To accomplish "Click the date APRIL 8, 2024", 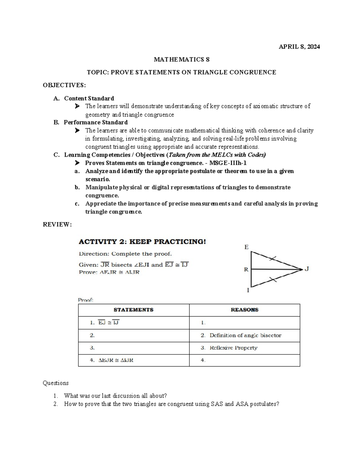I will [299, 47].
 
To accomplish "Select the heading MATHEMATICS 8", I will [181, 59].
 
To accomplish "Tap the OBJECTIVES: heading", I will [64, 85].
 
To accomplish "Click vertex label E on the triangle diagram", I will [246, 247].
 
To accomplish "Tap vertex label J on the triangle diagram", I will [307, 269].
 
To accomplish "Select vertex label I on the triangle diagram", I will [248, 291].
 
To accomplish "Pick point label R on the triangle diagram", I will [246, 269].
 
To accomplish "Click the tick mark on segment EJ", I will [273, 258].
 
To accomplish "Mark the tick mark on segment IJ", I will [273, 280].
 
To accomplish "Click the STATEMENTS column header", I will [133, 310].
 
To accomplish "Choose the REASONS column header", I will [244, 310].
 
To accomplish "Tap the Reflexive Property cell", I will [233, 348].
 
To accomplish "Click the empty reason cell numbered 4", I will [244, 360].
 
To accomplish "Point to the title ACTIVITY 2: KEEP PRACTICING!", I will [142, 242].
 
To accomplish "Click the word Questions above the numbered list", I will [56, 383].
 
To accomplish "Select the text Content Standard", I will [89, 98].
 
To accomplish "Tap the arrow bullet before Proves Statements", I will [77, 163].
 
